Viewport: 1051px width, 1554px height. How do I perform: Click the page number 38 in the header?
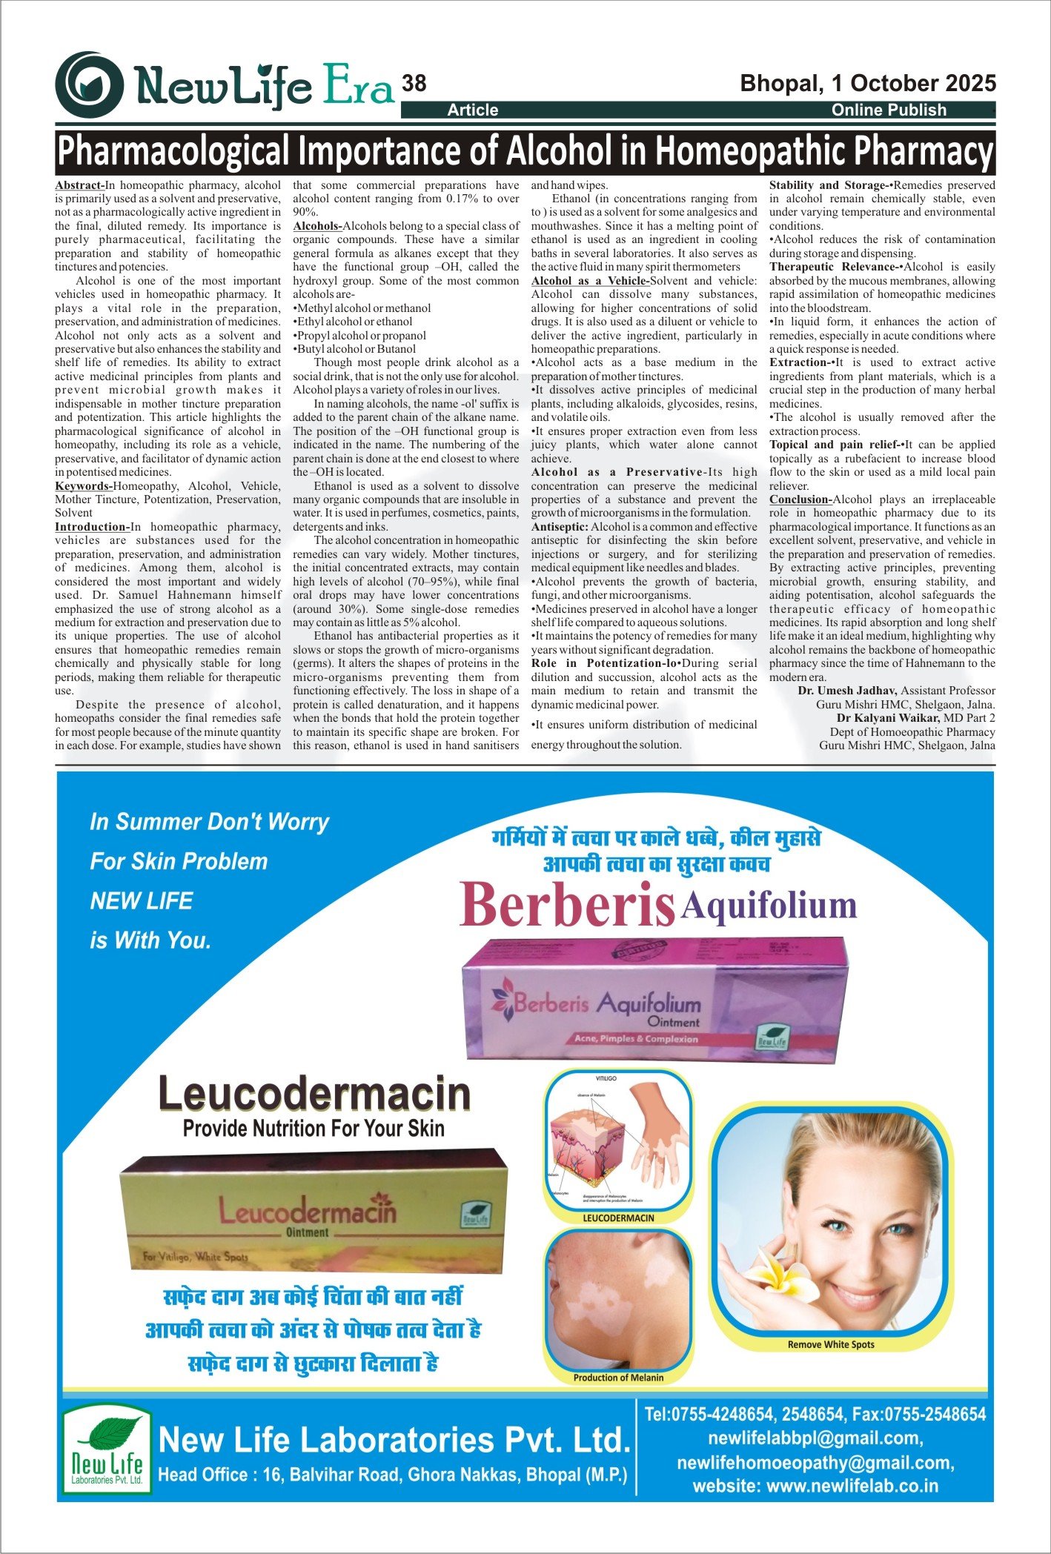(414, 84)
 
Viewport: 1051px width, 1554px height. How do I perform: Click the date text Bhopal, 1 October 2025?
(868, 83)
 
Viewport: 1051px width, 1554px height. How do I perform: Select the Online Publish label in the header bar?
(889, 110)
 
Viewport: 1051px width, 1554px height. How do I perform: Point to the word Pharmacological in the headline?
(173, 152)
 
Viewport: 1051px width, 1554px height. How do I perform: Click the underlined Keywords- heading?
(83, 486)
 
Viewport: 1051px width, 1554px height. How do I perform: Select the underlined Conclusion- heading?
(800, 499)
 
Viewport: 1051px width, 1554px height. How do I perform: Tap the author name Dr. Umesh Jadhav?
(847, 691)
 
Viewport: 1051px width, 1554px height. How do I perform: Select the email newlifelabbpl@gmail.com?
(815, 1438)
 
